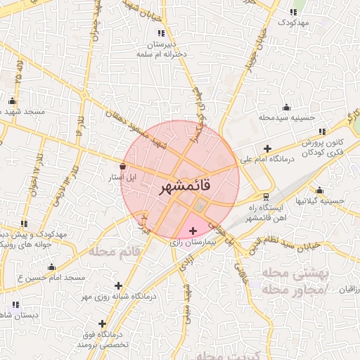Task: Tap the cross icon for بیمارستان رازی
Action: pos(193,231)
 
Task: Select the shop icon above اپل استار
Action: pos(124,166)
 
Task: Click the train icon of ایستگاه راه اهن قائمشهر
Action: pos(265,196)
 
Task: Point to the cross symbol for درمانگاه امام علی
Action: pos(266,148)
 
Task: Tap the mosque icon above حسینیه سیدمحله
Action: pos(286,108)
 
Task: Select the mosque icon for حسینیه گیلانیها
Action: pos(320,190)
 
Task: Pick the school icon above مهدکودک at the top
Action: pos(293,12)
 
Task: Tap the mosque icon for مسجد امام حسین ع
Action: pos(51,267)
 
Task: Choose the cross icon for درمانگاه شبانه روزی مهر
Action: pos(118,286)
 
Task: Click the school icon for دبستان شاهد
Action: pos(16,304)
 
